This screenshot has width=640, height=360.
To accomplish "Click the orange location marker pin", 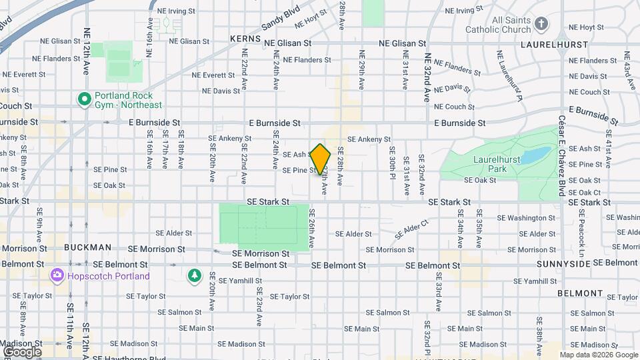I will [321, 159].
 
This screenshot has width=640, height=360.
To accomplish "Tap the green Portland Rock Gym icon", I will [85, 99].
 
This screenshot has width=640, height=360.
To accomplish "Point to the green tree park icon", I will [194, 275].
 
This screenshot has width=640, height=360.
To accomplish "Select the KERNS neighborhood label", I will [244, 39].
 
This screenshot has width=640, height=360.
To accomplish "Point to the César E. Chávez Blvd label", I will [561, 157].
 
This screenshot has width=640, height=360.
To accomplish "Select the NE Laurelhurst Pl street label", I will [510, 74].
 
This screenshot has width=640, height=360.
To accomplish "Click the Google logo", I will [22, 352].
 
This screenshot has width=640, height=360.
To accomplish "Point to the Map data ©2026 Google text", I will [599, 355].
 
